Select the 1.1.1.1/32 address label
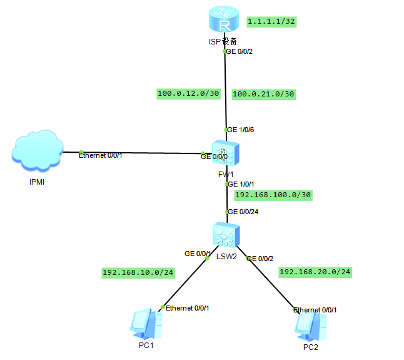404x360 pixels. (271, 21)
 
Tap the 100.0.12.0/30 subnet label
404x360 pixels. (188, 94)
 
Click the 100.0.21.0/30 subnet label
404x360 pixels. (263, 94)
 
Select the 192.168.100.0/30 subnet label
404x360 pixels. (273, 195)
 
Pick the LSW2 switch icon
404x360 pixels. (225, 235)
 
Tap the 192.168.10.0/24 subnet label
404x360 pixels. (138, 272)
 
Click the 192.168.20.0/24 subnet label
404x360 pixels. (315, 272)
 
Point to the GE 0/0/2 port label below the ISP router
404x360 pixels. (240, 51)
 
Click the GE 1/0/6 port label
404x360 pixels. (241, 130)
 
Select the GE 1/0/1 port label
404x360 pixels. (241, 184)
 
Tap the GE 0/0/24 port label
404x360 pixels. (244, 212)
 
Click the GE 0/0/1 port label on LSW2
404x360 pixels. (198, 254)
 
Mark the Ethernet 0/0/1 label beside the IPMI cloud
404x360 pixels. (100, 155)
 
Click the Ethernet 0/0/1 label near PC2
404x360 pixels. (319, 310)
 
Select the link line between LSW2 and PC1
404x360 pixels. (185, 282)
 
